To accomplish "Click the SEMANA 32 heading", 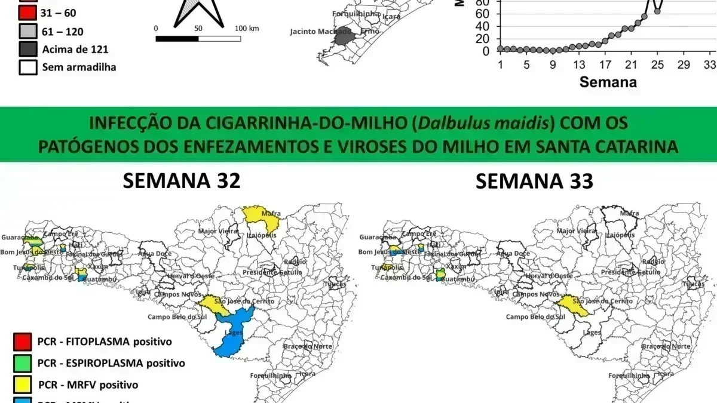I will coord(182,181).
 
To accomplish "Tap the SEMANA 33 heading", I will coord(534,181).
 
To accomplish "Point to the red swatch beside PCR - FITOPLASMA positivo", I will coord(21,342).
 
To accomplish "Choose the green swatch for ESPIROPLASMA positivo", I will coord(21,363).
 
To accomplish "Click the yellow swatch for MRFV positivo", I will coord(21,384).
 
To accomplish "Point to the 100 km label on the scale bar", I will coord(246,28).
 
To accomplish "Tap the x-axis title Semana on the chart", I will coord(608,82).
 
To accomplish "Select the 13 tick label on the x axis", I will coord(578,64).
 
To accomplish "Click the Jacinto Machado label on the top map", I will coord(320,31).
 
